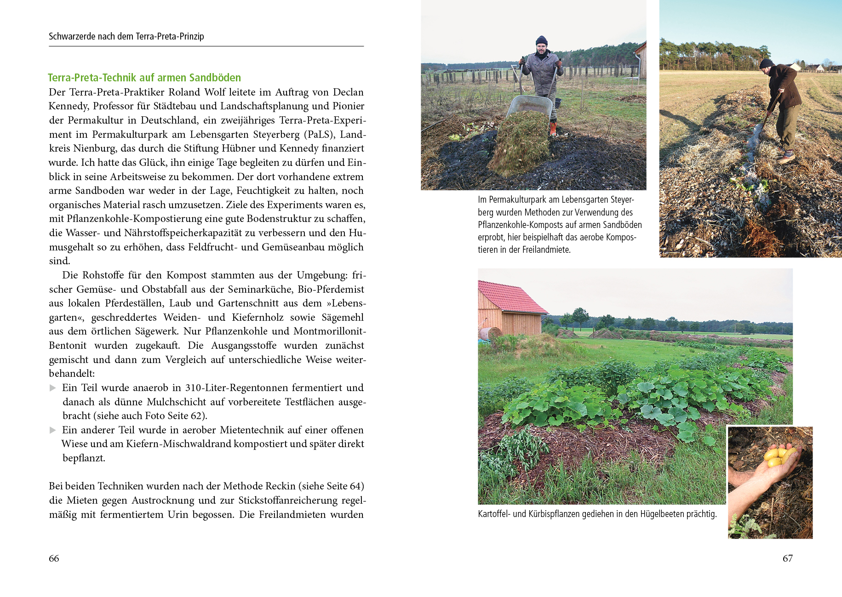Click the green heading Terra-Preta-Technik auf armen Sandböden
tap(144, 78)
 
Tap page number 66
tap(54, 558)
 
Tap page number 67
tap(787, 558)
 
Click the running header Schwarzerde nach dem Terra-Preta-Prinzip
tap(126, 36)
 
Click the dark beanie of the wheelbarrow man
tap(541, 40)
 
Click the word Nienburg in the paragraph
tap(94, 148)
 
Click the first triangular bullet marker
tap(53, 388)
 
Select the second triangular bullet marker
tap(53, 430)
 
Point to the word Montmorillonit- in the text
tap(329, 331)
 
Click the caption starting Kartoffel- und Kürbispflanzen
tap(597, 514)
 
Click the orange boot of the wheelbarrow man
tap(553, 128)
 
